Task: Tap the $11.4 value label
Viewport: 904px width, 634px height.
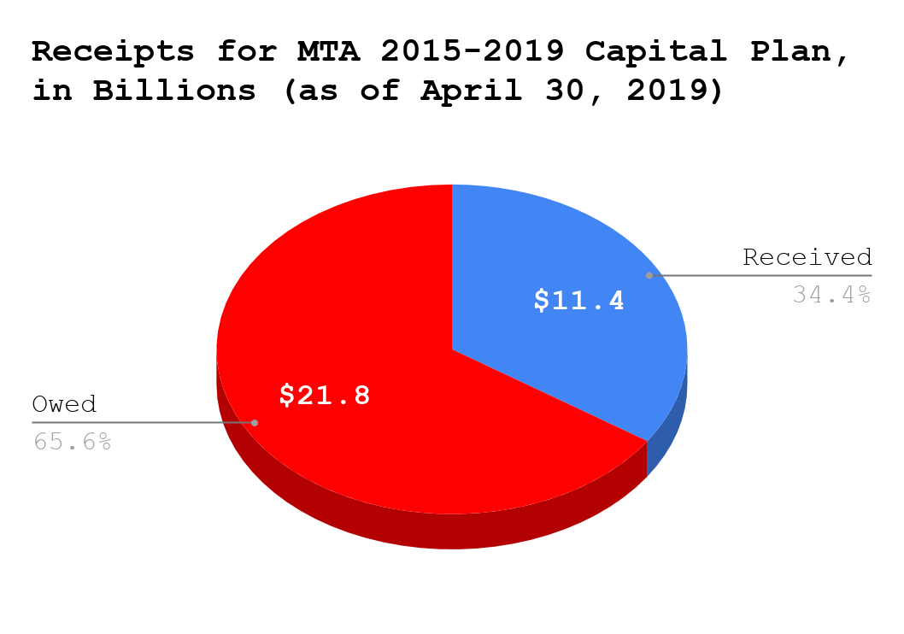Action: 579,301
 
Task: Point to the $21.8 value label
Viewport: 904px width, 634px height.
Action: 326,395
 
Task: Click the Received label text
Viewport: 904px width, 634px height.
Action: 807,257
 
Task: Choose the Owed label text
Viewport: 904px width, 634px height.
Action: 64,404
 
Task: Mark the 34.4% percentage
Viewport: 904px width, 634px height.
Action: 831,295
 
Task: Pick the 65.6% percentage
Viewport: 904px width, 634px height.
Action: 73,442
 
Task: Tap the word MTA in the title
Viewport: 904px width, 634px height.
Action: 328,51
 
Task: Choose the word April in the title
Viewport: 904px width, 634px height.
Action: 472,91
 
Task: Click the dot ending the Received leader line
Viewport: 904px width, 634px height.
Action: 649,275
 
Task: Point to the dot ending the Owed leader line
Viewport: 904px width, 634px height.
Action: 255,422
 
